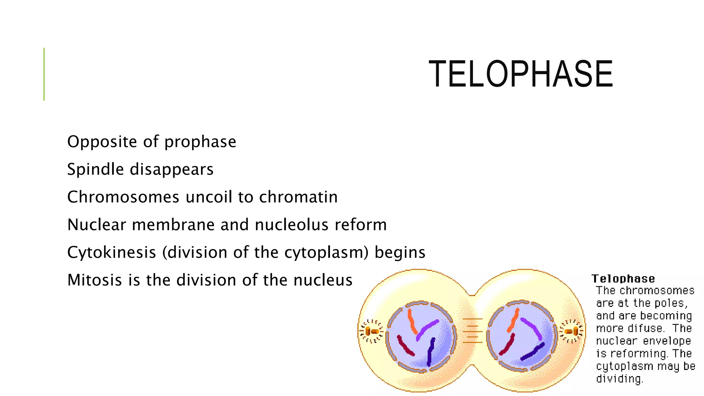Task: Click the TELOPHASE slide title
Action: (520, 74)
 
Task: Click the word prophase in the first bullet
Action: (200, 142)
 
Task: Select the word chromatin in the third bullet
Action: (298, 197)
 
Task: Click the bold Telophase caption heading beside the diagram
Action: (623, 278)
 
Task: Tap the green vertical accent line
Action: (44, 74)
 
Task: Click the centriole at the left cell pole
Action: (371, 331)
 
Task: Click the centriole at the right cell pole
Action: (572, 331)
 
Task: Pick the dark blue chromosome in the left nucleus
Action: (430, 351)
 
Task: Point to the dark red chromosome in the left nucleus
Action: (406, 345)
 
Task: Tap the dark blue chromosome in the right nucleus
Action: (532, 351)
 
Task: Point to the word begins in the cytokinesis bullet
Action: (400, 252)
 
